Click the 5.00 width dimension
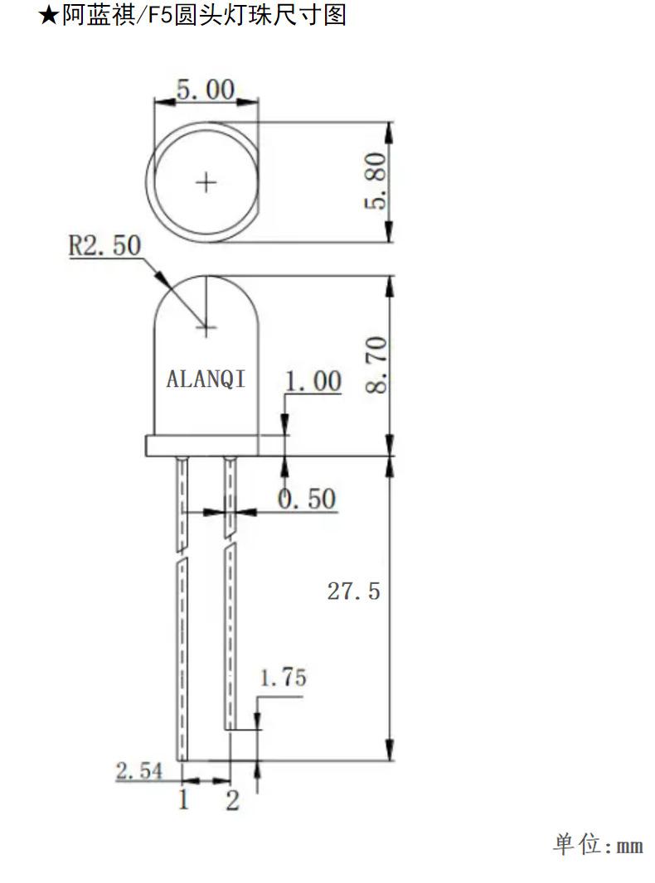click(206, 90)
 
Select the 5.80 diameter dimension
click(376, 181)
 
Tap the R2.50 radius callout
click(104, 245)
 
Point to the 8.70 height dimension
click(376, 364)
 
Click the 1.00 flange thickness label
click(313, 381)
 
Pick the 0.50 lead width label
click(307, 499)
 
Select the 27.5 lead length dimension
click(353, 591)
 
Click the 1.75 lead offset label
click(283, 678)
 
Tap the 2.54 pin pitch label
click(139, 771)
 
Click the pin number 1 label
click(183, 799)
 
